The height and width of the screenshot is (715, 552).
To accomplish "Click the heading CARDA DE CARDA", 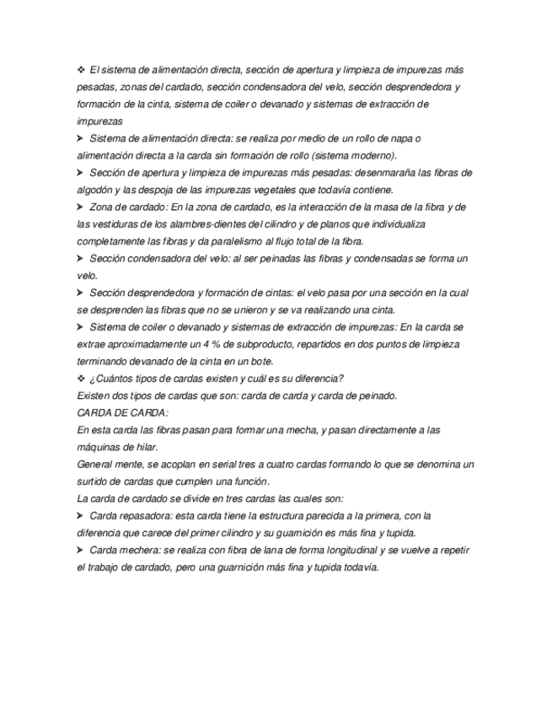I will click(122, 413).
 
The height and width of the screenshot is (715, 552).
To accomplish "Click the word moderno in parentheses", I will click(372, 156).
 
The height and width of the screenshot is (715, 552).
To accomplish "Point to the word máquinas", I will click(99, 447).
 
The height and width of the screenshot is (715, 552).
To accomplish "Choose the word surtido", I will click(94, 481).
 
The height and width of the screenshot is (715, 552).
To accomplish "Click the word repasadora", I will click(144, 515).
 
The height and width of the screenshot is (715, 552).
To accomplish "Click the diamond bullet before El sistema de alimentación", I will click(80, 70).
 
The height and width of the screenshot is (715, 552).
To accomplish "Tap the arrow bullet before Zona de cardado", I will click(80, 207).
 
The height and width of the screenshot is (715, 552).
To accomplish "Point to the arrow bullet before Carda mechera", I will click(80, 550).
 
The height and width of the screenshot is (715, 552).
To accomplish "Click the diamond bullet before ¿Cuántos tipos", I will click(80, 379).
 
